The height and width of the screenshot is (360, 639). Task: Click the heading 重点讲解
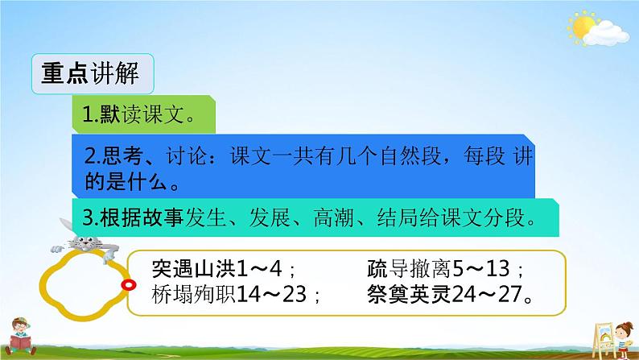[x=90, y=73]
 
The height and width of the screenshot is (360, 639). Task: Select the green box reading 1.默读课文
[x=143, y=114]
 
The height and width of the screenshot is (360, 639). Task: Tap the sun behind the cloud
[x=582, y=27]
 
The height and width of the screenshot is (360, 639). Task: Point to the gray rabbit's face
[x=85, y=243]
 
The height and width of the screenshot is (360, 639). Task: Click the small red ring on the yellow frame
[x=129, y=284]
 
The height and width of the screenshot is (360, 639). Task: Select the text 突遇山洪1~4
[x=216, y=269]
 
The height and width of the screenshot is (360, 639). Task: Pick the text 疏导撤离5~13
[x=439, y=269]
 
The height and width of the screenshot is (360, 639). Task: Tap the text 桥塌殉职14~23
[x=229, y=294]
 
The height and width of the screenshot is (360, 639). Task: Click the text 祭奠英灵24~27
[x=444, y=294]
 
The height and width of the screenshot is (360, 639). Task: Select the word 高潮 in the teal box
[x=334, y=217]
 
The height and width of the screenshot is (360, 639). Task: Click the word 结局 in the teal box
[x=398, y=217]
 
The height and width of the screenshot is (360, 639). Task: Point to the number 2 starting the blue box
[x=90, y=156]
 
